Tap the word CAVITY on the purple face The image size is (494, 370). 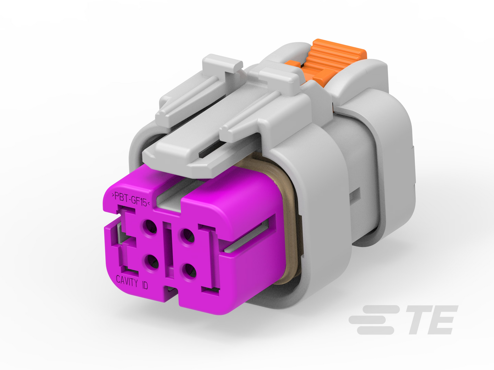[127, 281]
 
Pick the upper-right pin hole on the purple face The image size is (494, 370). [187, 236]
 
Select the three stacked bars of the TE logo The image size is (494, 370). [374, 320]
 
